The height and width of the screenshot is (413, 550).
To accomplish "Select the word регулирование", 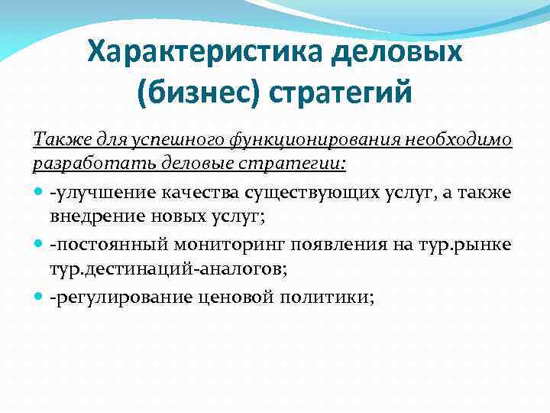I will (103, 296).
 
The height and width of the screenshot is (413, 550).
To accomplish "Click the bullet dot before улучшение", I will (40, 190).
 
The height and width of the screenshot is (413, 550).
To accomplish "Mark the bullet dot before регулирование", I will (40, 296).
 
